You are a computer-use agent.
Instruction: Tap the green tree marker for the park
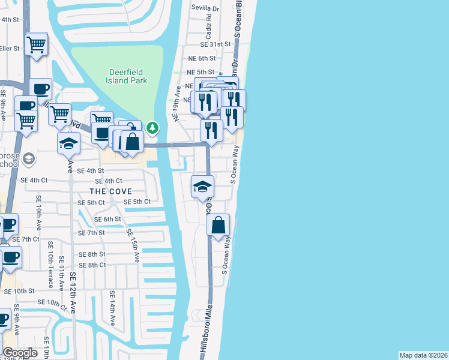pyautogui.click(x=153, y=127)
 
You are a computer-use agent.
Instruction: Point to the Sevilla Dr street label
pyautogui.click(x=205, y=8)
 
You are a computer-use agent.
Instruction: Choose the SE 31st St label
pyautogui.click(x=216, y=44)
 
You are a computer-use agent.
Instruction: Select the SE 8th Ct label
pyautogui.click(x=92, y=265)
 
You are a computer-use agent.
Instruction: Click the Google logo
pyautogui.click(x=20, y=353)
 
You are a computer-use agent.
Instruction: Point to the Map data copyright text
pyautogui.click(x=423, y=355)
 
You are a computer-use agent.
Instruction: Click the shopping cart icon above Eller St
pyautogui.click(x=37, y=43)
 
